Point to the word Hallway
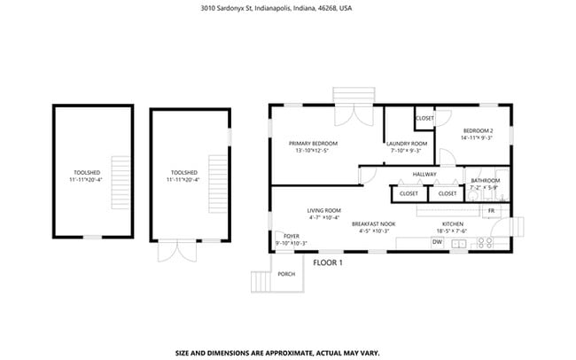click(424, 174)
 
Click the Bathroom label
click(485, 181)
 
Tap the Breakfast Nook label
click(373, 223)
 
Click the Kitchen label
click(454, 223)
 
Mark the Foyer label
click(291, 236)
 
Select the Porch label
click(286, 274)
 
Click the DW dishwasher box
click(437, 242)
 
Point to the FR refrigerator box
click(491, 210)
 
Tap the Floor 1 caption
click(327, 262)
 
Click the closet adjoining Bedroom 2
click(424, 118)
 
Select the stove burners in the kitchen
click(486, 242)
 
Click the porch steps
click(260, 281)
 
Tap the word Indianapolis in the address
click(268, 7)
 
